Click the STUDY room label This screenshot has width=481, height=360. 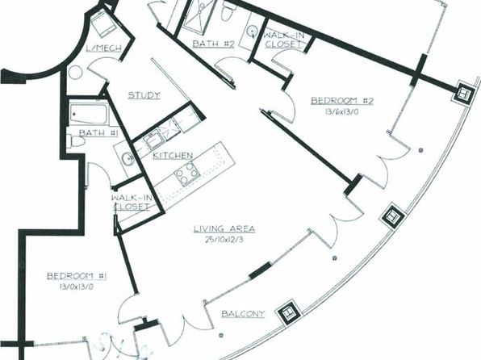click(x=144, y=95)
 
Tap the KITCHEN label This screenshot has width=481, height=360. click(x=173, y=156)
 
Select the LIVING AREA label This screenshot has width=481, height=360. click(x=224, y=228)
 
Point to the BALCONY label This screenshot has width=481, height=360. click(x=243, y=314)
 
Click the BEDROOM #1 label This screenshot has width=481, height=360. click(x=77, y=276)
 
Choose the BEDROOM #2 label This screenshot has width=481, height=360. click(x=342, y=101)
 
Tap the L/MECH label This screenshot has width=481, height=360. click(x=103, y=48)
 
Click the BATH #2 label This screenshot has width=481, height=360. click(x=214, y=44)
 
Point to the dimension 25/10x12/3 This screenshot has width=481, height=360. click(x=224, y=240)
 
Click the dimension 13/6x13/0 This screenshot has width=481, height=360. click(x=341, y=111)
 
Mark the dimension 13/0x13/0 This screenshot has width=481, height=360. click(x=76, y=287)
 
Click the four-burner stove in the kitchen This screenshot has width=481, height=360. click(x=187, y=174)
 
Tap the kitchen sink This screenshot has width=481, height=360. click(x=153, y=141)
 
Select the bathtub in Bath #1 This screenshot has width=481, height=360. click(x=89, y=114)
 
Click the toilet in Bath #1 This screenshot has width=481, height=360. click(x=76, y=142)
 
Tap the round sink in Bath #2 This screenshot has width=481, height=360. click(x=253, y=31)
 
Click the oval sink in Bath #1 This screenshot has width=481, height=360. click(x=127, y=159)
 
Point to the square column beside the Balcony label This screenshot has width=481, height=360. click(x=289, y=312)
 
